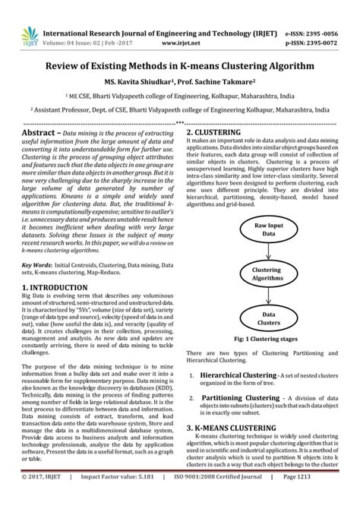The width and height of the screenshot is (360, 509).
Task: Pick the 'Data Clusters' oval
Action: [269, 318]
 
